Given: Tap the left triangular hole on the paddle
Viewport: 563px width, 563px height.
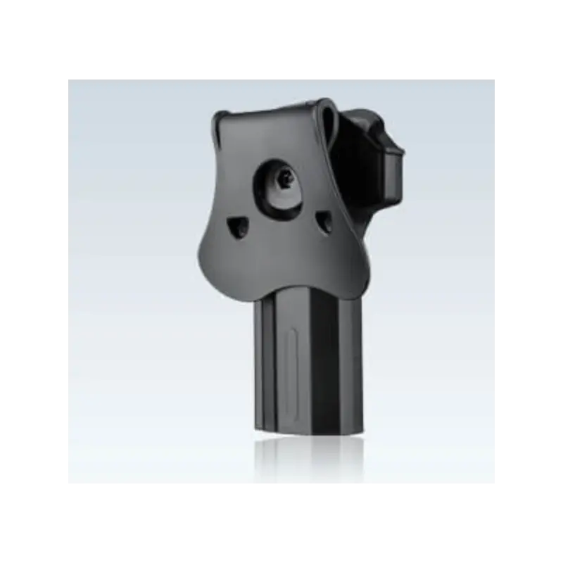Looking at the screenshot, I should (x=236, y=227).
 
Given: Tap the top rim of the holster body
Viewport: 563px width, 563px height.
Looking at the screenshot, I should (x=366, y=114).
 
